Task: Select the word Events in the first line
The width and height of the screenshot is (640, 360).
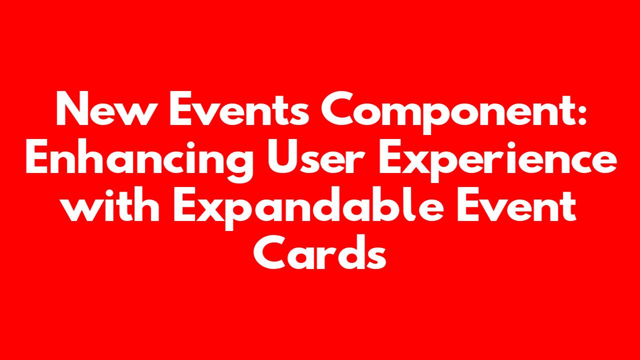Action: click(x=239, y=108)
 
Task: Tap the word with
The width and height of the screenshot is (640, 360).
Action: click(x=110, y=204)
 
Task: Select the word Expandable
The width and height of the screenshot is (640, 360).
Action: click(x=308, y=208)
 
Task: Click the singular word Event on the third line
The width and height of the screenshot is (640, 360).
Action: click(x=516, y=204)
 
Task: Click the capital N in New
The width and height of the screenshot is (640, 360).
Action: click(x=72, y=108)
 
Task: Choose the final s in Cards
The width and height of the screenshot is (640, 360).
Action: click(x=376, y=257)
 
